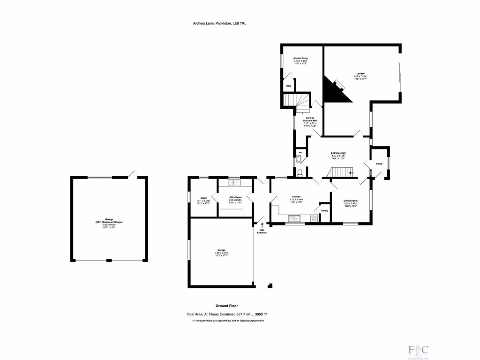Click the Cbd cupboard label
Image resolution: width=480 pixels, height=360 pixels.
(288, 86)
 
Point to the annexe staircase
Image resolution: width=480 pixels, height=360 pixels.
(295, 100)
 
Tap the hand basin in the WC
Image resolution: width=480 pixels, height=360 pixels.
(298, 161)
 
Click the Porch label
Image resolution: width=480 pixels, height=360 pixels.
(379, 164)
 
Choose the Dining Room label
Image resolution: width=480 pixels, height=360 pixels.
(351, 202)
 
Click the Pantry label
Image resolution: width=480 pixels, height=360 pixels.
(324, 211)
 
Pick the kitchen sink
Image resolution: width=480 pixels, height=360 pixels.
(295, 217)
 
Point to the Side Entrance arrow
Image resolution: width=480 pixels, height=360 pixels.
(262, 225)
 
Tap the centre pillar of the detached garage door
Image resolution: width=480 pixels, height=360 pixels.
(109, 260)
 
